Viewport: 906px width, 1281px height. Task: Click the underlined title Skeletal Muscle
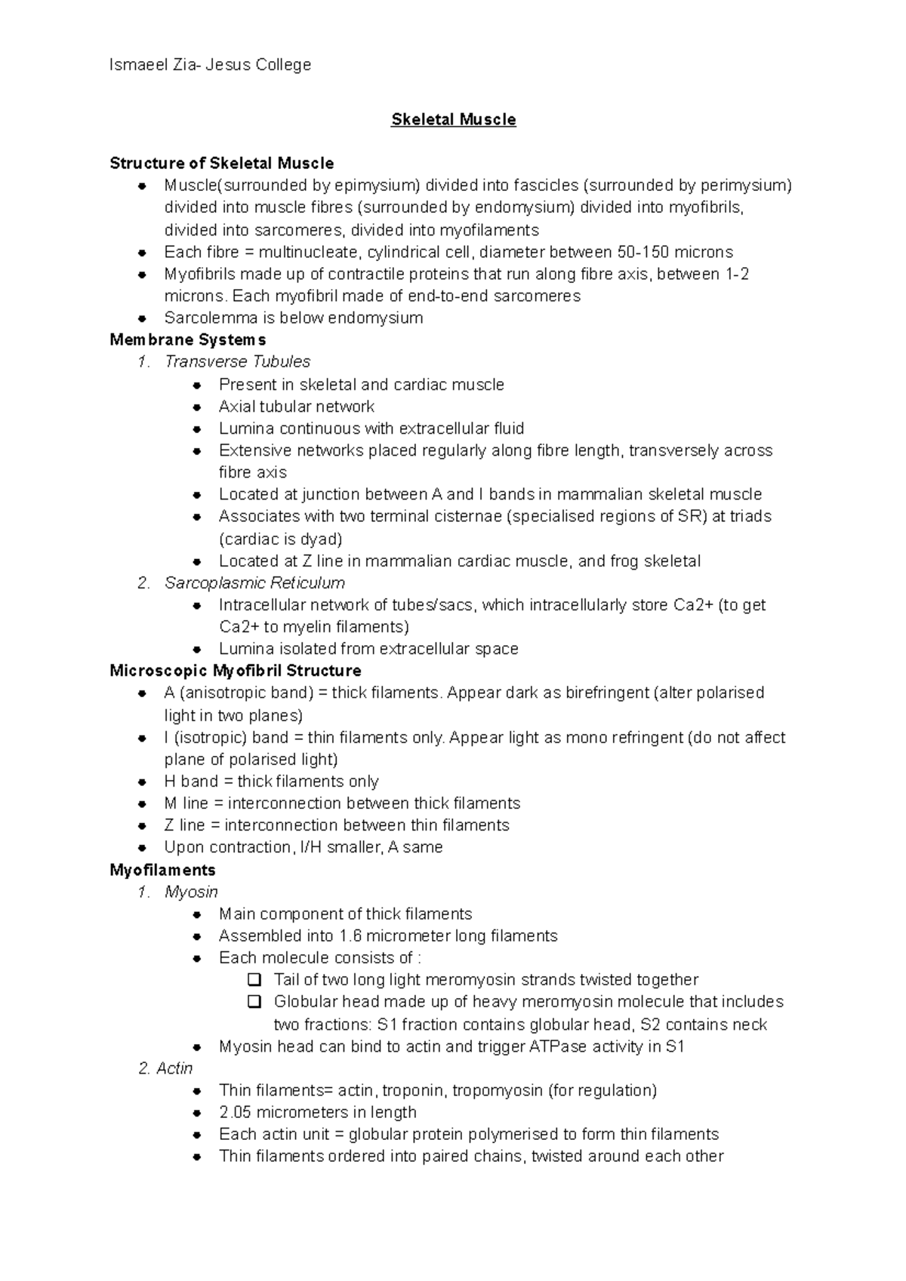click(453, 119)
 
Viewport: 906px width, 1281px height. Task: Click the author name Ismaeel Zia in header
click(151, 65)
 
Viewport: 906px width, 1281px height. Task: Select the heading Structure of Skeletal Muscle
click(221, 163)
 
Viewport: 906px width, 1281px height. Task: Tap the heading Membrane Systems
click(187, 339)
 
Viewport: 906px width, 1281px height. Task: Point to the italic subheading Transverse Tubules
click(237, 361)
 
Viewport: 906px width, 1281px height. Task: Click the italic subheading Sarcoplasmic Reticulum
click(254, 582)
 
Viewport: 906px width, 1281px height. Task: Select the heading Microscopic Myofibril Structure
click(235, 671)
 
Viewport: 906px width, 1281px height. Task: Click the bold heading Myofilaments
click(162, 870)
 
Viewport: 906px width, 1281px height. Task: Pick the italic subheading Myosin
click(191, 892)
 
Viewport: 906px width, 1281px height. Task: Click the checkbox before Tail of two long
click(254, 980)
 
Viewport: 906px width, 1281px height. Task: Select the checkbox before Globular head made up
click(254, 1002)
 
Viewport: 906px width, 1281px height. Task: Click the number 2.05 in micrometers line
click(235, 1112)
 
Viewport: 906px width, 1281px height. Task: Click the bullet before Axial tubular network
click(197, 407)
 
